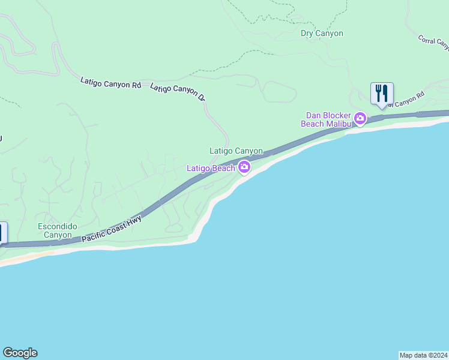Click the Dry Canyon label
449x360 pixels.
322,34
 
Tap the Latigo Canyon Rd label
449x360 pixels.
110,83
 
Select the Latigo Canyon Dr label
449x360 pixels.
178,92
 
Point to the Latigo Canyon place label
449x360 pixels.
236,151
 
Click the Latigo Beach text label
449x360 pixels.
211,168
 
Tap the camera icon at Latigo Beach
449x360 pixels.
244,167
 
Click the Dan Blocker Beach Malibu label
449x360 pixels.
328,119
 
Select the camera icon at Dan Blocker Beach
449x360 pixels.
360,118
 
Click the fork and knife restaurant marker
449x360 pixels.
382,94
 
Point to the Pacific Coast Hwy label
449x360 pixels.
112,230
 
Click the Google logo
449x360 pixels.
20,353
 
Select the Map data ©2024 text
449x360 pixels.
423,355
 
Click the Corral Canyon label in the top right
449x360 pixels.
434,42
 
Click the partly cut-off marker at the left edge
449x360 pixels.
3,233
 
